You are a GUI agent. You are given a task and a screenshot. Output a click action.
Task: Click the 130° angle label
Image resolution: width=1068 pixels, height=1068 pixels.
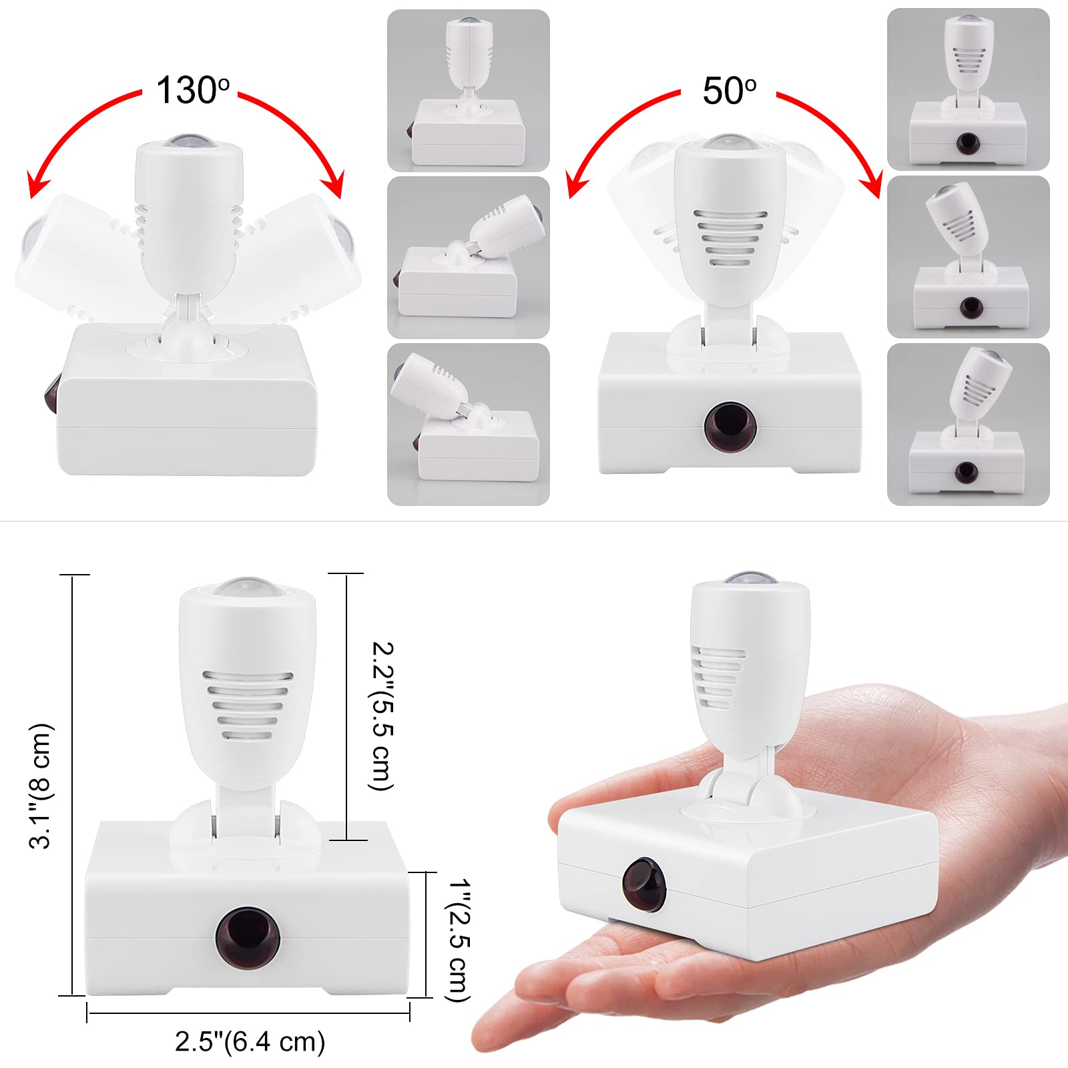(192, 90)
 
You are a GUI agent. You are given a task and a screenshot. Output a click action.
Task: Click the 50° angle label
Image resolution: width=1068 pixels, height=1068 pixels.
(729, 91)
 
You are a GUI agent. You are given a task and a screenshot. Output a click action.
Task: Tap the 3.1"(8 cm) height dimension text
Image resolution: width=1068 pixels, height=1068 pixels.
(40, 785)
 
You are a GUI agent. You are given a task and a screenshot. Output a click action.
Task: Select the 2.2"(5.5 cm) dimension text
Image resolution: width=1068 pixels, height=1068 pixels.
(382, 715)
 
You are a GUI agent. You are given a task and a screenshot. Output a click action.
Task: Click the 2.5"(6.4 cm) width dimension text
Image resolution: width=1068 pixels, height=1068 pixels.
(250, 1042)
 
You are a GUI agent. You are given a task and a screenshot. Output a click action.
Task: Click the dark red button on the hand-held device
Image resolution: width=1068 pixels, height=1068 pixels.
(644, 884)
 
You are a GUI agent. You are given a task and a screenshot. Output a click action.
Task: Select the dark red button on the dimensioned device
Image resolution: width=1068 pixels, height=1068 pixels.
(247, 937)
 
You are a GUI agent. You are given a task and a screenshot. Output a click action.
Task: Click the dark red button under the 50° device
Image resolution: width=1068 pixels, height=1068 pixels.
(730, 426)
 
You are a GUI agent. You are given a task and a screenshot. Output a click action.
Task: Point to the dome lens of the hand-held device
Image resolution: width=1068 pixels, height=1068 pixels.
(751, 579)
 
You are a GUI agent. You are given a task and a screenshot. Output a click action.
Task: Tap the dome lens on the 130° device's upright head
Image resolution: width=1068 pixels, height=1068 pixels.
(189, 142)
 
